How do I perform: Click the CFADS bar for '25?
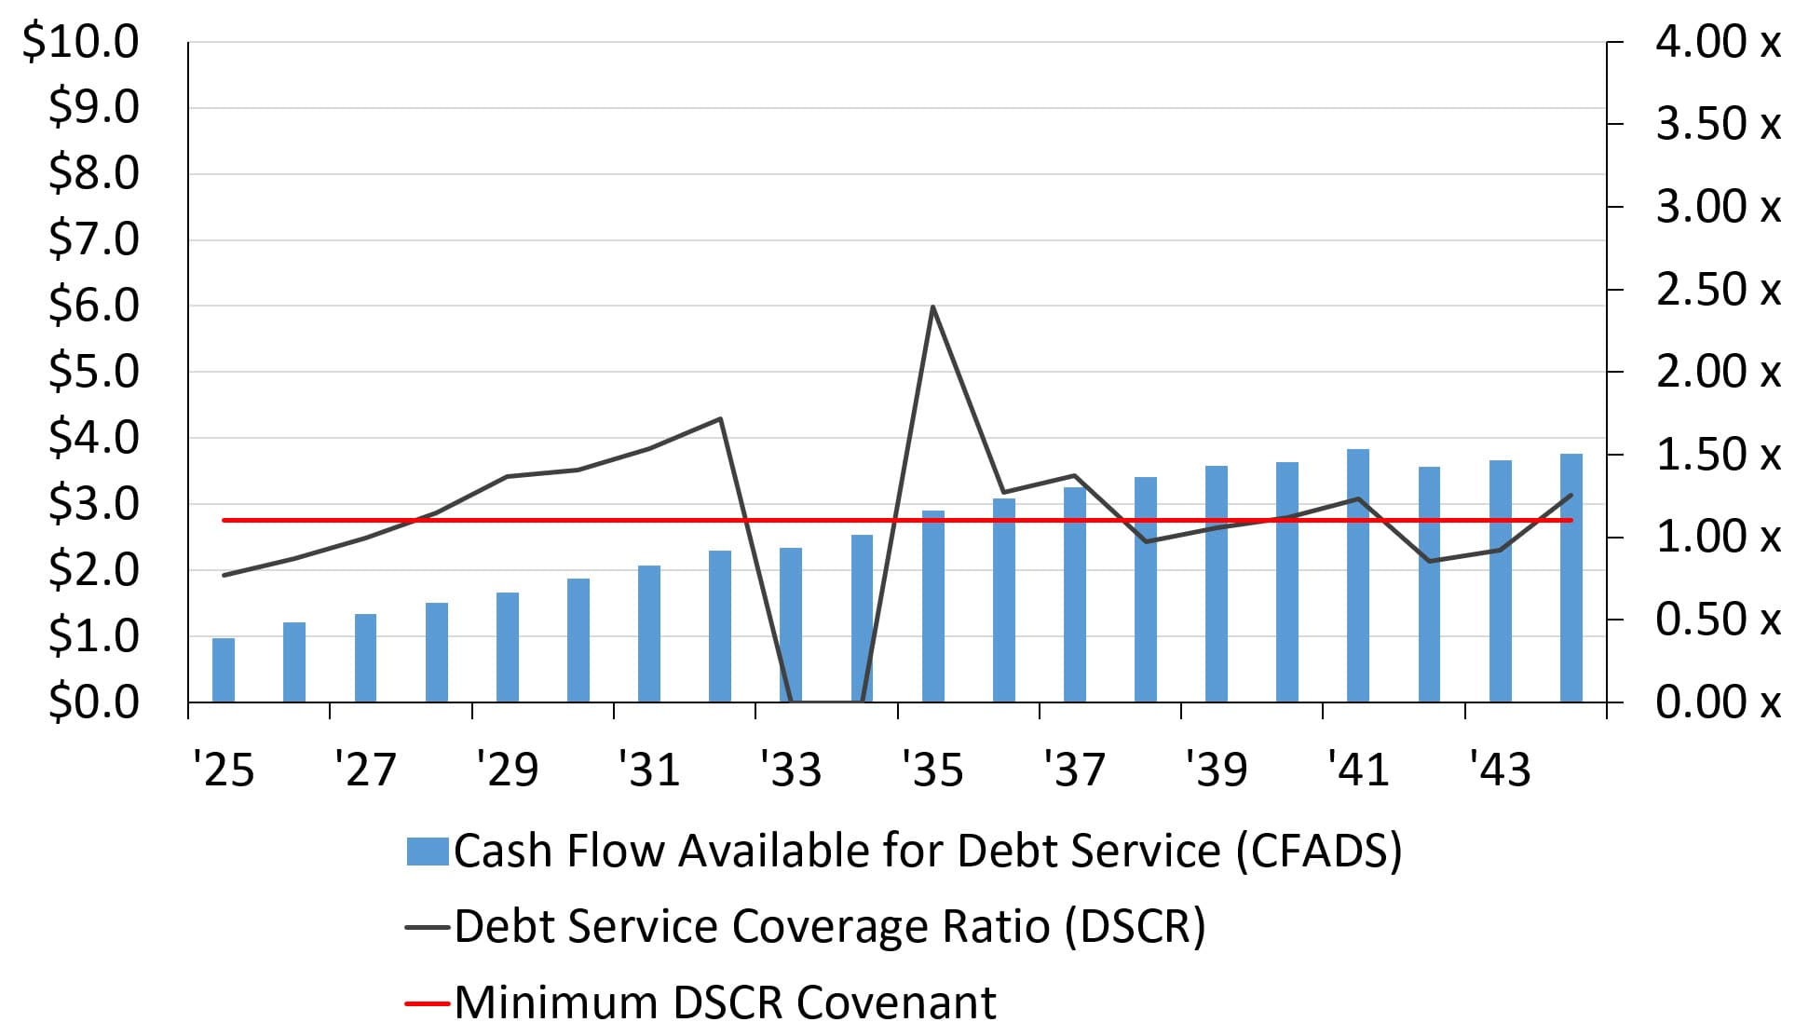[224, 670]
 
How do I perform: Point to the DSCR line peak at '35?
[932, 307]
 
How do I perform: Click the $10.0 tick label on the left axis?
[80, 42]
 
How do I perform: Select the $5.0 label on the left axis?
[93, 372]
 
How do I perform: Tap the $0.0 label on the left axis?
[93, 702]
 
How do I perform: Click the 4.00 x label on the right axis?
[1717, 42]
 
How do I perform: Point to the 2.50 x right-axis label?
[1717, 290]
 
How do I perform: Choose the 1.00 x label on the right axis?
[1717, 537]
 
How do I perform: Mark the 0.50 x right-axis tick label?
[1717, 620]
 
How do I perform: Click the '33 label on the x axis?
[790, 770]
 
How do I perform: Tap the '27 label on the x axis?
[365, 770]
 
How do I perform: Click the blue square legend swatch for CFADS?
[428, 852]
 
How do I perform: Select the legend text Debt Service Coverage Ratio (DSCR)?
[829, 927]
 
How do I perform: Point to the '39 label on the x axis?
[1216, 770]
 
